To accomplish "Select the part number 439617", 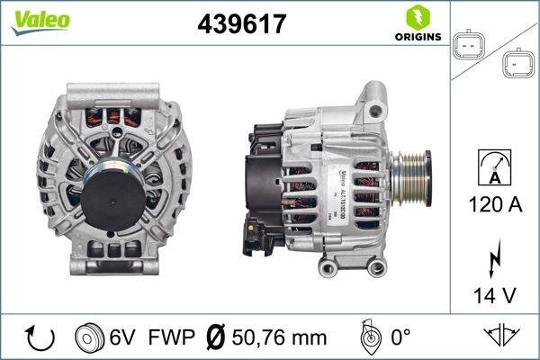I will coord(240,23).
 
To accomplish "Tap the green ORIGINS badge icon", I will coord(416,17).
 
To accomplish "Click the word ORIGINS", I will coord(416,37).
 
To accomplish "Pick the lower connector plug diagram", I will coord(517,64).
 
